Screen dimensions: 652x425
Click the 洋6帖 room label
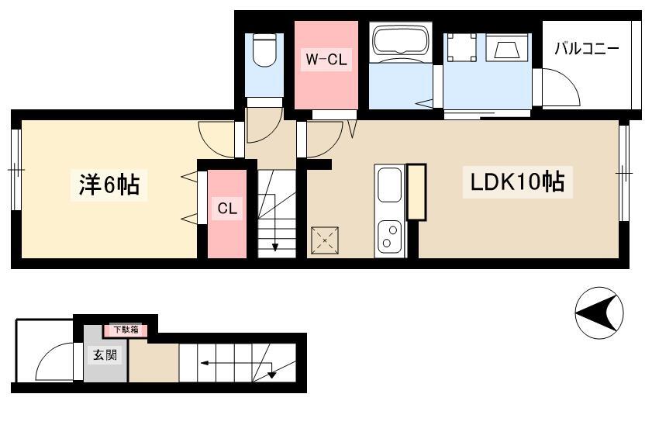(x=109, y=185)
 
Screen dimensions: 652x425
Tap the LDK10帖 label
(x=517, y=181)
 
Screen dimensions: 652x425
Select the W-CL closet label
(x=326, y=59)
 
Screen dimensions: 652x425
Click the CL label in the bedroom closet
(x=227, y=208)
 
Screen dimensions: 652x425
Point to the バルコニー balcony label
(x=587, y=49)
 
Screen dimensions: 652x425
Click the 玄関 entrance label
(x=105, y=354)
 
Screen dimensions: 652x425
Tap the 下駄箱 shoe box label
(x=126, y=330)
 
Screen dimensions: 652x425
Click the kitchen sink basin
(x=390, y=185)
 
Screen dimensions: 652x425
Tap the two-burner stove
(x=390, y=237)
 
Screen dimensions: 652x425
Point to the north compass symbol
(x=599, y=313)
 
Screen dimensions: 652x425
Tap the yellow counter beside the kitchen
(x=416, y=192)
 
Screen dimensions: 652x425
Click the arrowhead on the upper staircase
(x=275, y=247)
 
